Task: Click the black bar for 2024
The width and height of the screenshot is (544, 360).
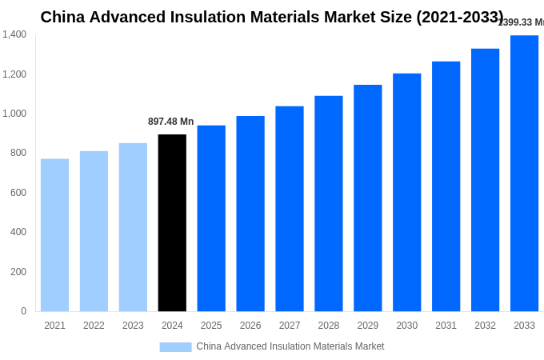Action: point(172,223)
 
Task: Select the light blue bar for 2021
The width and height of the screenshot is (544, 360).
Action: point(54,235)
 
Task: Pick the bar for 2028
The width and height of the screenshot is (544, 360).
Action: point(329,204)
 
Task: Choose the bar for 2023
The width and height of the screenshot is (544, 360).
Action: point(133,227)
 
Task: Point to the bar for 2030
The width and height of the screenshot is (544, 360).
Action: point(406,193)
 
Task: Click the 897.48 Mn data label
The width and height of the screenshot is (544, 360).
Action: point(170,122)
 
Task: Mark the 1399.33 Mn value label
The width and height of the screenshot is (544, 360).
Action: point(522,22)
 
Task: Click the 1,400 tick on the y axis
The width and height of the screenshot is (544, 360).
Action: point(14,34)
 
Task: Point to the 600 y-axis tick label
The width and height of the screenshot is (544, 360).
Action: point(18,193)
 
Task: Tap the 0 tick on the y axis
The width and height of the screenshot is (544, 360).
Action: point(23,311)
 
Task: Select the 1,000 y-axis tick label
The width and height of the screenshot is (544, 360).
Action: point(14,114)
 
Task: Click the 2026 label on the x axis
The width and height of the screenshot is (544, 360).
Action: point(250,326)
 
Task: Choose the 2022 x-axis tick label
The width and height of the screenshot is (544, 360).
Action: point(94,326)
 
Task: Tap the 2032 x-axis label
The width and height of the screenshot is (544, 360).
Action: point(485,326)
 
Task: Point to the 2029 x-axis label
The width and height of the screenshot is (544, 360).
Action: point(368,326)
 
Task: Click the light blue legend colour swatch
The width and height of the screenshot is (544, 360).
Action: point(175,347)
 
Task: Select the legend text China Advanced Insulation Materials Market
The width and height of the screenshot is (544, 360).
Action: point(290,346)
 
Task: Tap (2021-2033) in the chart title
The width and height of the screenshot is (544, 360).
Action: point(459,17)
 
